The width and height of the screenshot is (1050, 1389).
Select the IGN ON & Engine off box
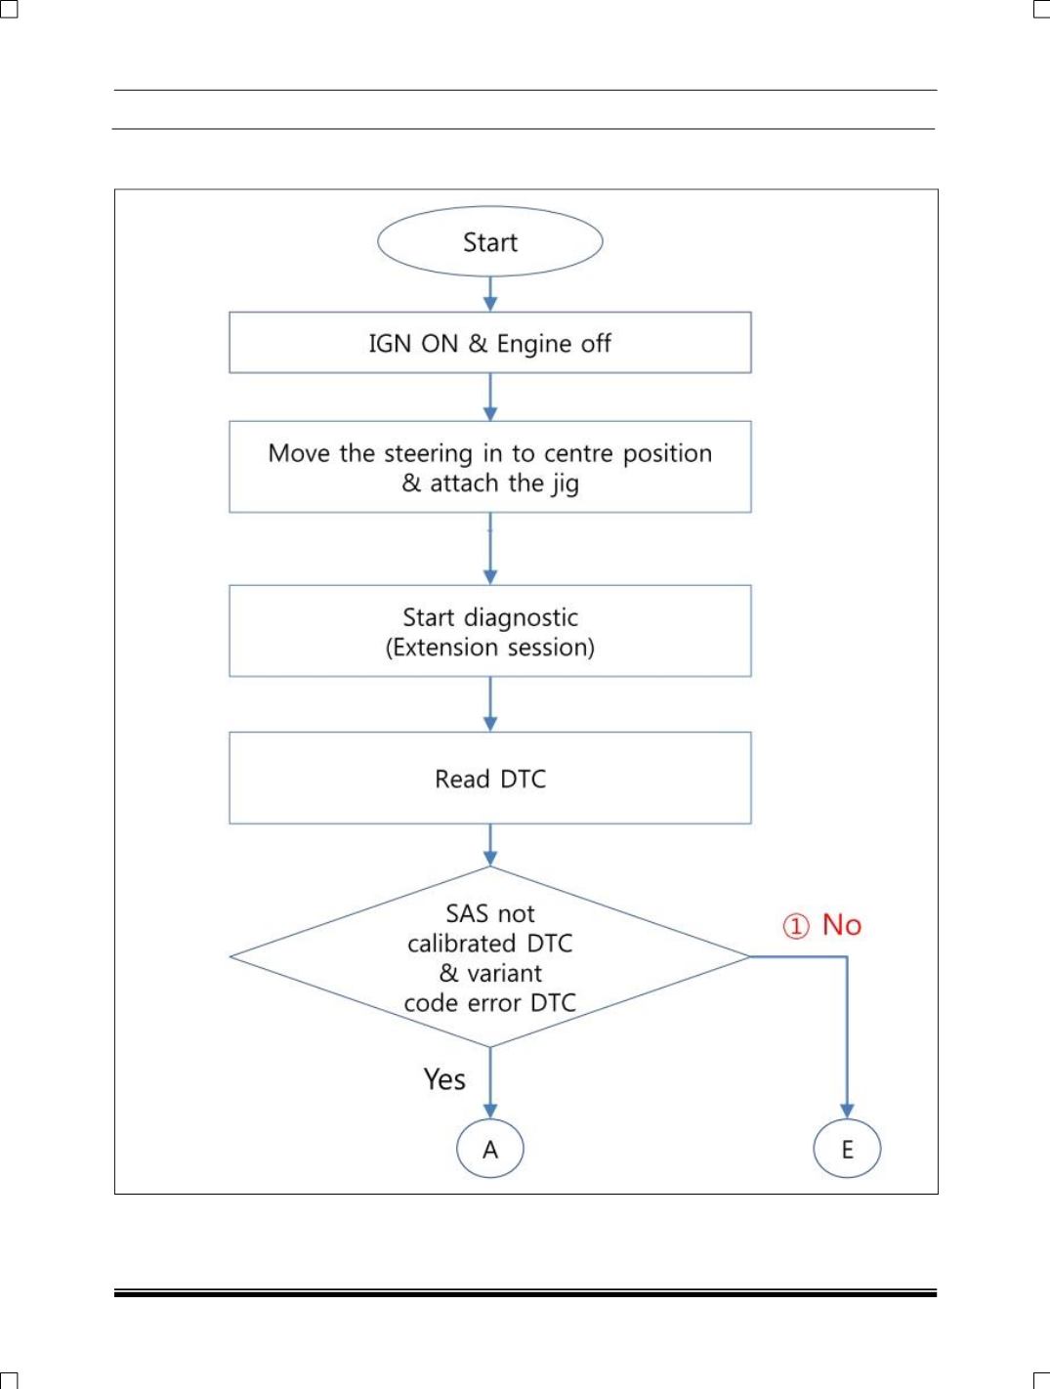490,342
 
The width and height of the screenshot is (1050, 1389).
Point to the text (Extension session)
490,648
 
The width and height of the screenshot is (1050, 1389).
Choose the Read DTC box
490,778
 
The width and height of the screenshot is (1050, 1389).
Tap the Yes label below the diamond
444,1079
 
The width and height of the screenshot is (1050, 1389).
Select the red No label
841,925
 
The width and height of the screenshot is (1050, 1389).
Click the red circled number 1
796,926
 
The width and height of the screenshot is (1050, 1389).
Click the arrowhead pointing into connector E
847,1112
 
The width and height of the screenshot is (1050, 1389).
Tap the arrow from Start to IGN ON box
490,294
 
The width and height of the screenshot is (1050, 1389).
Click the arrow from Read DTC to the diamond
490,845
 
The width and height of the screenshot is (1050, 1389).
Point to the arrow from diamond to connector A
490,1082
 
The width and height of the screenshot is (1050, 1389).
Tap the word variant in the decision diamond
504,973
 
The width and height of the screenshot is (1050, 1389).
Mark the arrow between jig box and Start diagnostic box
490,549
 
